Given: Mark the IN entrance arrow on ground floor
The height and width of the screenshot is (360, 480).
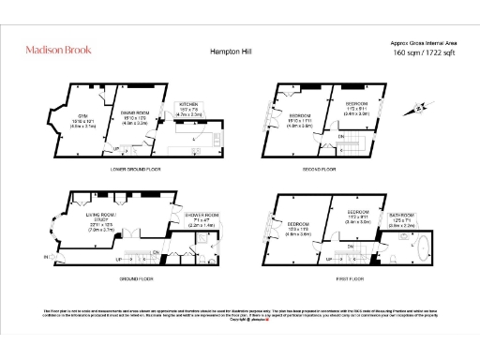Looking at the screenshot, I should [44, 255].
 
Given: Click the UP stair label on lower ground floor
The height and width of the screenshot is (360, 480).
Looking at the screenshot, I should [115, 147].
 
